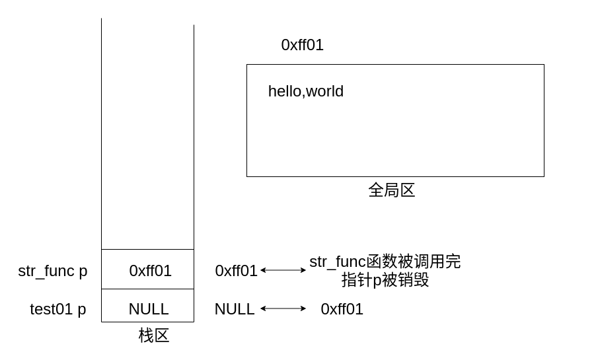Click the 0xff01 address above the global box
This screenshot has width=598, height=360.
click(302, 45)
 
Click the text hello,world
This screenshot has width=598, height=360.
click(305, 91)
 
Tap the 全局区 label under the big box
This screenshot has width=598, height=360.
click(391, 190)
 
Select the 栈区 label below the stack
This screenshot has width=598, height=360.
click(153, 336)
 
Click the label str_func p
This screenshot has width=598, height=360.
click(52, 271)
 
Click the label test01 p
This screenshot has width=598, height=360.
click(57, 309)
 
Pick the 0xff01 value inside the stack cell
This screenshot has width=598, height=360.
click(150, 271)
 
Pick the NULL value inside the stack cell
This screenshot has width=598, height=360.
click(148, 309)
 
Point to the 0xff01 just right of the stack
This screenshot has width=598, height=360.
click(236, 271)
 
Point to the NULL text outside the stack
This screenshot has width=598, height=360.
click(234, 309)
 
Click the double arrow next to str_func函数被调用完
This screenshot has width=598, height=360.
click(283, 270)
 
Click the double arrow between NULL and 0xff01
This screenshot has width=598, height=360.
click(283, 308)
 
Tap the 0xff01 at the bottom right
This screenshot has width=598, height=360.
click(342, 309)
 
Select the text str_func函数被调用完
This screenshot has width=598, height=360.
click(385, 262)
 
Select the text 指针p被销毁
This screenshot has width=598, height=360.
click(385, 280)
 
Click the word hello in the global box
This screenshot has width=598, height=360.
click(284, 91)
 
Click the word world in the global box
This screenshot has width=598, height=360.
click(324, 91)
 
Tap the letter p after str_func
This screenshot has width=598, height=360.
click(83, 271)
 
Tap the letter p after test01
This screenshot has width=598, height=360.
click(82, 310)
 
